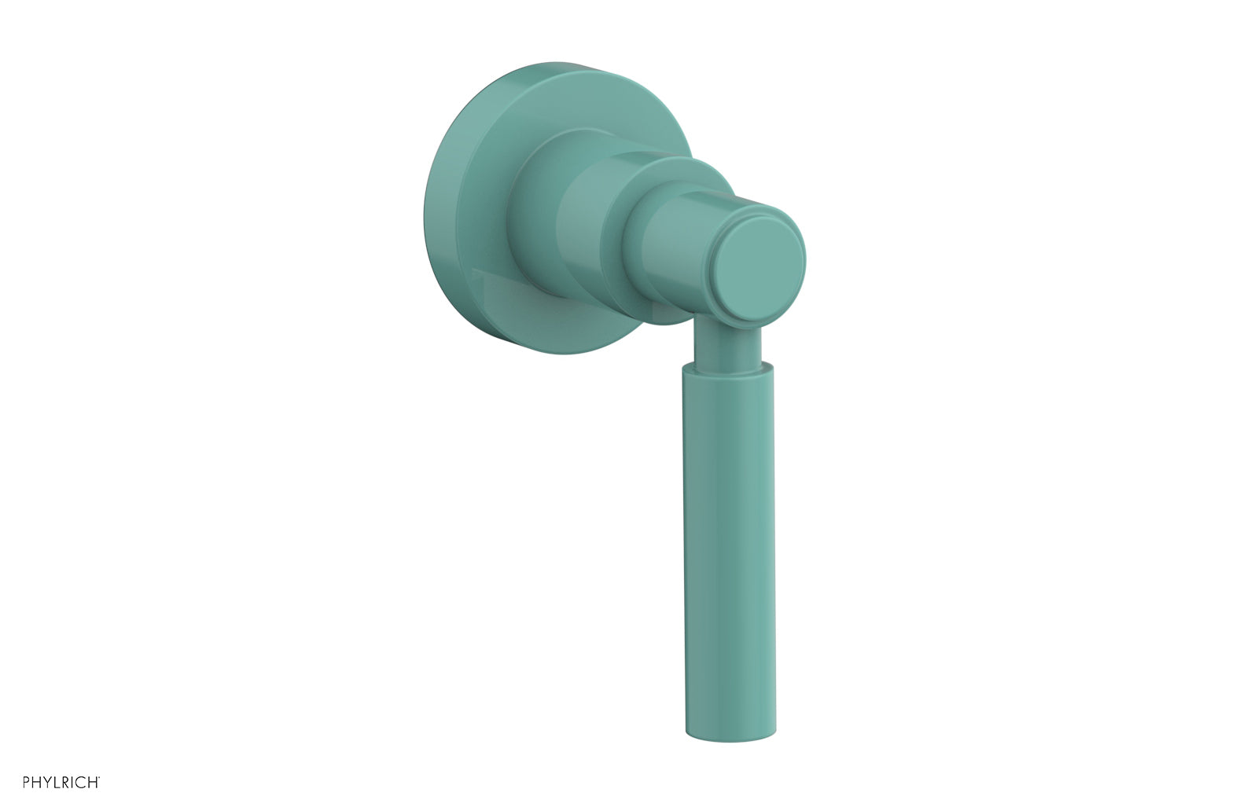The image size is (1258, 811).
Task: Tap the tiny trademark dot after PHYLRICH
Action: (99, 779)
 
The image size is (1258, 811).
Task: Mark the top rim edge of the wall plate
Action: (550, 64)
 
